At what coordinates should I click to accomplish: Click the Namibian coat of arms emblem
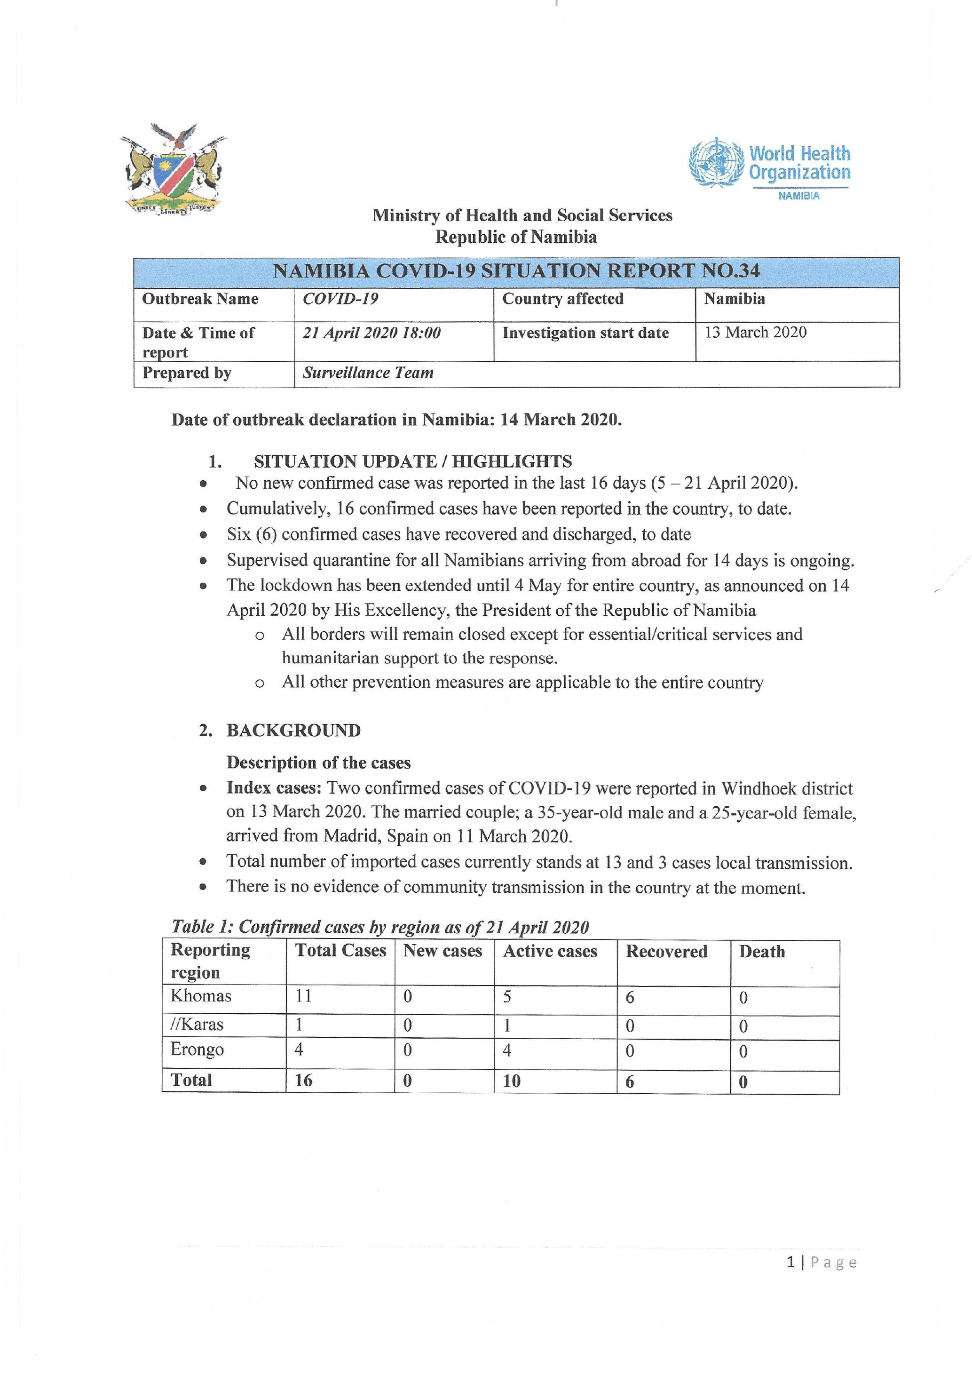[x=173, y=169]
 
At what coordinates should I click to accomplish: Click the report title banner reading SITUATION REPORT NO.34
[x=516, y=271]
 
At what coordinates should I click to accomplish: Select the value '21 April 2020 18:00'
[x=371, y=333]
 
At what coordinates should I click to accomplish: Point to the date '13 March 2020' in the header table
[x=755, y=333]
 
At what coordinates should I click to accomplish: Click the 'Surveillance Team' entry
[x=367, y=373]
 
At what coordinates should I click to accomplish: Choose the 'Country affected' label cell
[x=562, y=299]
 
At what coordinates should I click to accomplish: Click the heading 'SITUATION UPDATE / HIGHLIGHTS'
[x=412, y=461]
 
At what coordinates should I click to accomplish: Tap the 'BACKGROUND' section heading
[x=293, y=731]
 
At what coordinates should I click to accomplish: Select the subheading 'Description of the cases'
[x=318, y=763]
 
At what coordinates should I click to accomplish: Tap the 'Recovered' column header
[x=666, y=952]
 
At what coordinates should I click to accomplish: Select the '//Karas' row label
[x=197, y=1024]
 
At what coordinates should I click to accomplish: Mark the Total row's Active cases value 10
[x=512, y=1081]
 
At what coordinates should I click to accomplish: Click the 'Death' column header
[x=761, y=952]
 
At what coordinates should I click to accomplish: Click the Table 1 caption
[x=380, y=927]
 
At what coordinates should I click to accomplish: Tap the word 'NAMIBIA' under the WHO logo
[x=798, y=196]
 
